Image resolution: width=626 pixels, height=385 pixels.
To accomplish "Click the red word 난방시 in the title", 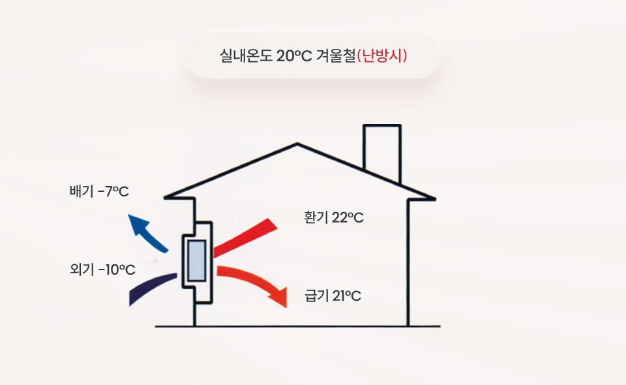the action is (x=381, y=55).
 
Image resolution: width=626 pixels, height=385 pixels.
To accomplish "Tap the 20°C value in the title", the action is (x=294, y=56).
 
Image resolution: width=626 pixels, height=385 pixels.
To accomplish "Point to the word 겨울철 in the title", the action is (x=335, y=55).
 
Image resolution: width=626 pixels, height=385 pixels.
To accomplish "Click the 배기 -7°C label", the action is (x=99, y=191).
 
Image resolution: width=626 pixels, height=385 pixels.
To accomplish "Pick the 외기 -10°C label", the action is (x=102, y=269).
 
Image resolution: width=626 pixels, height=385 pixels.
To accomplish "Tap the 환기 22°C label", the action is (x=333, y=218).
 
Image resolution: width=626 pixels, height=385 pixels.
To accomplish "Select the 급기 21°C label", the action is (x=333, y=296).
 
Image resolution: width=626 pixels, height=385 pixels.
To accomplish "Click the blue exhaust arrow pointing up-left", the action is (x=149, y=234).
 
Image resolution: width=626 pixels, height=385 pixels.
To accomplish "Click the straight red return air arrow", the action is (x=245, y=238).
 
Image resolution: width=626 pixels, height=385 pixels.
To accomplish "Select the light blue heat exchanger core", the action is (x=197, y=261).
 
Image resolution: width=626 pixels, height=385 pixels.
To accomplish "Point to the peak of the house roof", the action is (x=297, y=144).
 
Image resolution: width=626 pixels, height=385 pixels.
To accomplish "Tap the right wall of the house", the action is (x=408, y=263).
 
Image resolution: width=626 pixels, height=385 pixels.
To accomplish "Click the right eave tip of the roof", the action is (x=434, y=198).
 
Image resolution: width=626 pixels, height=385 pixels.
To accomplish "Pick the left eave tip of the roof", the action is (x=166, y=197).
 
